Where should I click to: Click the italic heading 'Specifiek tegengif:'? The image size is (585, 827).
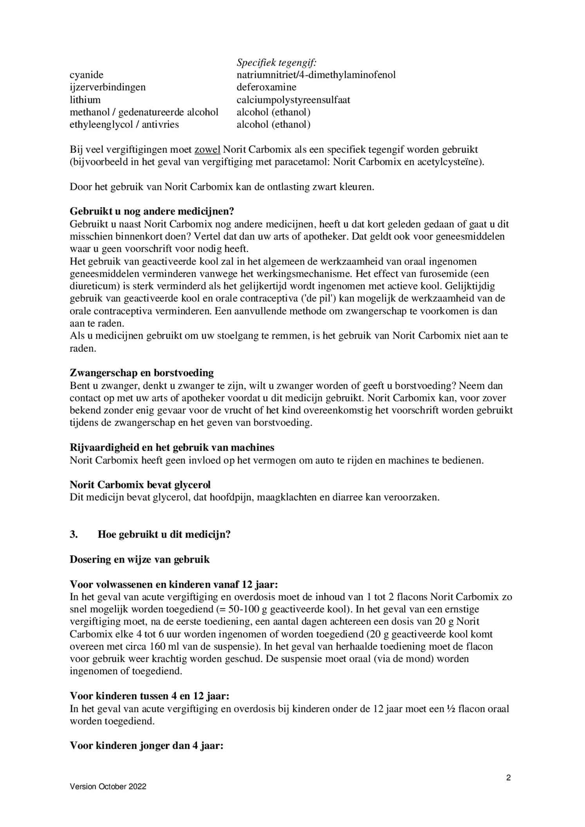click(x=276, y=62)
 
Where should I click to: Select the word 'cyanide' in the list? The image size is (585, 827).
click(x=87, y=75)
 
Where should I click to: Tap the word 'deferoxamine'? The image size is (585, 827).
click(x=266, y=87)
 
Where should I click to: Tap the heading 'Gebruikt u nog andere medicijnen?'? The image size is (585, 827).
click(x=152, y=211)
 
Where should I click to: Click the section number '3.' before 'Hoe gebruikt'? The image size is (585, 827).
click(x=74, y=534)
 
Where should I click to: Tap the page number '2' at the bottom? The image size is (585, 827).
click(x=508, y=778)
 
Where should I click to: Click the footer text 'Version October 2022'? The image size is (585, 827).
click(x=108, y=787)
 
